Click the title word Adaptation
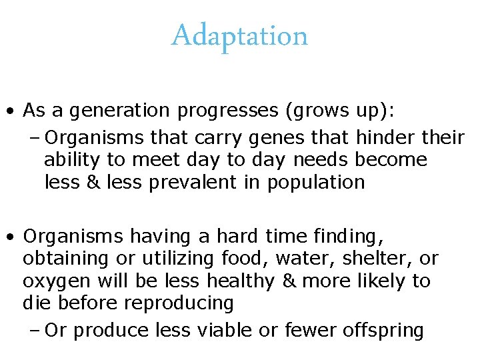point(240,35)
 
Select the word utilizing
point(181,258)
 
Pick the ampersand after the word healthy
point(288,281)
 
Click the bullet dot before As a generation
point(11,110)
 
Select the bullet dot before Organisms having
point(11,237)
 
